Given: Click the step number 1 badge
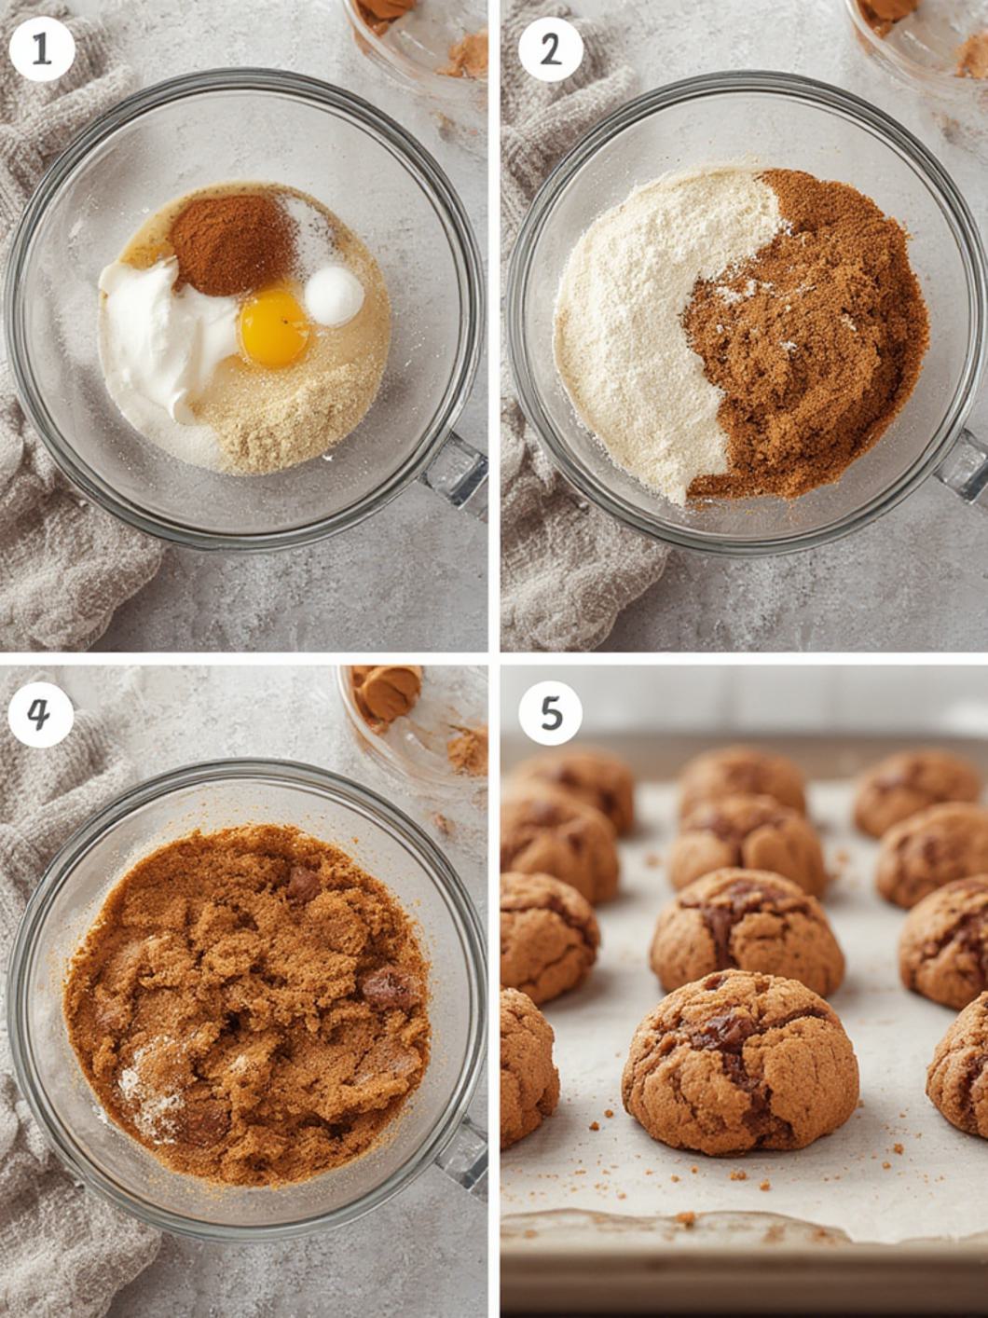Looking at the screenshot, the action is point(42,49).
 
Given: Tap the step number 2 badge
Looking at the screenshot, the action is point(551,49).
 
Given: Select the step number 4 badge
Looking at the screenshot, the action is point(41,714).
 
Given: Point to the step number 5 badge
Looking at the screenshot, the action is point(551,714).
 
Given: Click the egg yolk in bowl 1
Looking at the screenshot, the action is point(275,328).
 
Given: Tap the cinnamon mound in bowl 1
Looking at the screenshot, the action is point(234,243).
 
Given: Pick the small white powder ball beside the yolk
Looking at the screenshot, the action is point(334,295).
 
